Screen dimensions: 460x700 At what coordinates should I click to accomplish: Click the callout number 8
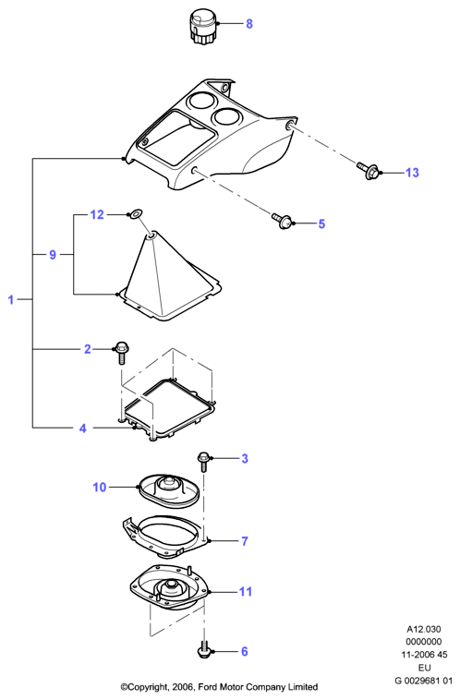(249, 24)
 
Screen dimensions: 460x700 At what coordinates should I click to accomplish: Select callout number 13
(412, 173)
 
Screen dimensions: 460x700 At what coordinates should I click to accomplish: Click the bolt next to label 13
(369, 171)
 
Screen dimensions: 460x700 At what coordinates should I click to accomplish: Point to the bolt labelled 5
(283, 221)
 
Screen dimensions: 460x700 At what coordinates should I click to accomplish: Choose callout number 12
(97, 215)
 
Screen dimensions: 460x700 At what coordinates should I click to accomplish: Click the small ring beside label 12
(135, 214)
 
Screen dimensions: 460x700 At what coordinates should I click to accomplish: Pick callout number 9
(53, 255)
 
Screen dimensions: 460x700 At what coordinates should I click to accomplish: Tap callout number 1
(11, 299)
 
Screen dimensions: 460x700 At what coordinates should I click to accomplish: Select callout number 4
(82, 428)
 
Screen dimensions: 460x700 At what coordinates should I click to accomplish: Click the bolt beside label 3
(203, 462)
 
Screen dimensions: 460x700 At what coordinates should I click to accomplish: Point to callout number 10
(100, 487)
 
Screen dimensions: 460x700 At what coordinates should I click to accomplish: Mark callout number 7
(244, 541)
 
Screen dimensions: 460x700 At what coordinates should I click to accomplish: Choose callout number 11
(246, 592)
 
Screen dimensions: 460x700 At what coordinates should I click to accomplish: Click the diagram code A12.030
(424, 630)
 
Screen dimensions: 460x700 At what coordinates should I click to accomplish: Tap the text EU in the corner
(424, 668)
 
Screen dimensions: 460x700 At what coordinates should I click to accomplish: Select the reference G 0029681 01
(424, 681)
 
